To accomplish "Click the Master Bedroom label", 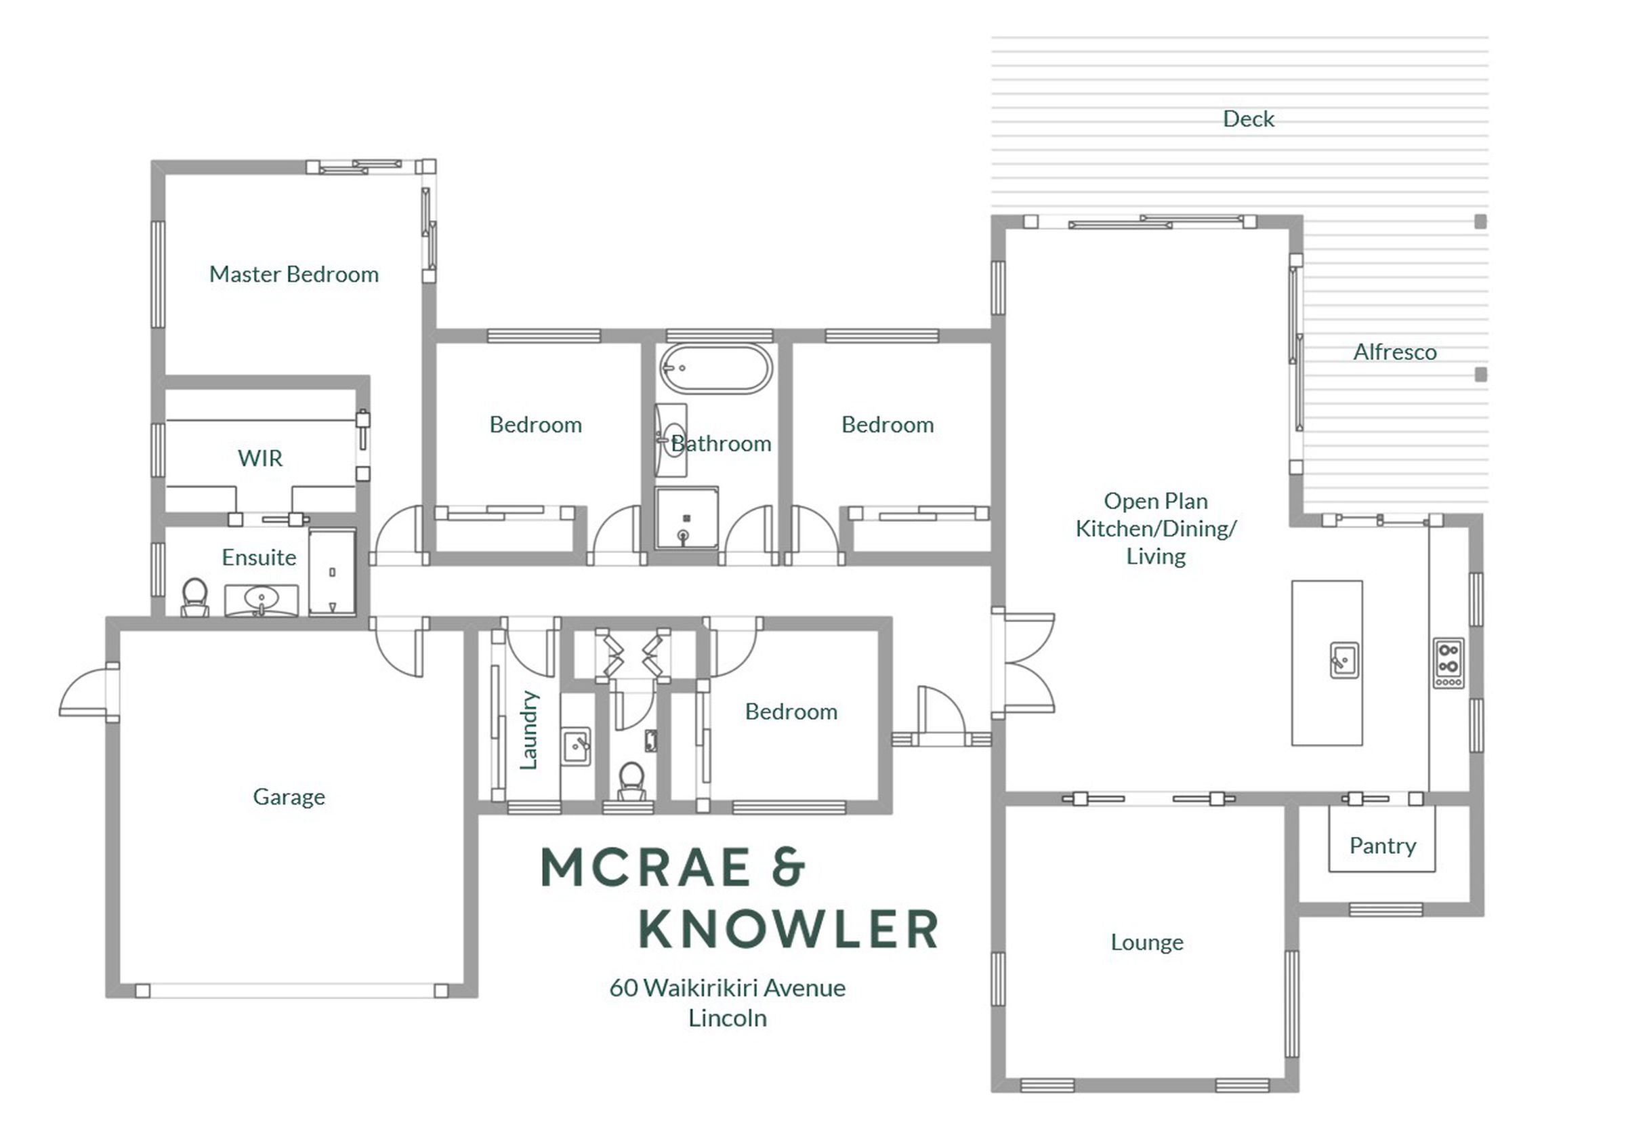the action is [x=294, y=274].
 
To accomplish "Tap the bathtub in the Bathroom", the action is [x=716, y=368].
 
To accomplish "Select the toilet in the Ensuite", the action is [x=194, y=598].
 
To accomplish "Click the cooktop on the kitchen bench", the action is [x=1448, y=663].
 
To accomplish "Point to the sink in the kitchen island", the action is [x=1343, y=660].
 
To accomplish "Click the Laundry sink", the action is [x=577, y=746].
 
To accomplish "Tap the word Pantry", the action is [x=1382, y=846].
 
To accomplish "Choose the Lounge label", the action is [x=1146, y=942].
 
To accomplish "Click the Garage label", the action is [x=289, y=797].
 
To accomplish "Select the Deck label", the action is [x=1249, y=119].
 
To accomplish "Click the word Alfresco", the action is [x=1395, y=352].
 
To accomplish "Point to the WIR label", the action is [x=260, y=458].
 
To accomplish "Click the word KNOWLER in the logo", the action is [x=789, y=928].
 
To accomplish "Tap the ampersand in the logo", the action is [x=788, y=866].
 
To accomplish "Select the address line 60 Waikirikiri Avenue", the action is [x=728, y=988].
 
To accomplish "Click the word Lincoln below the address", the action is [x=728, y=1019].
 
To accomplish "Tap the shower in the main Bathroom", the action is [x=686, y=518].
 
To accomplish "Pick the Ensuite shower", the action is [x=332, y=572].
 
